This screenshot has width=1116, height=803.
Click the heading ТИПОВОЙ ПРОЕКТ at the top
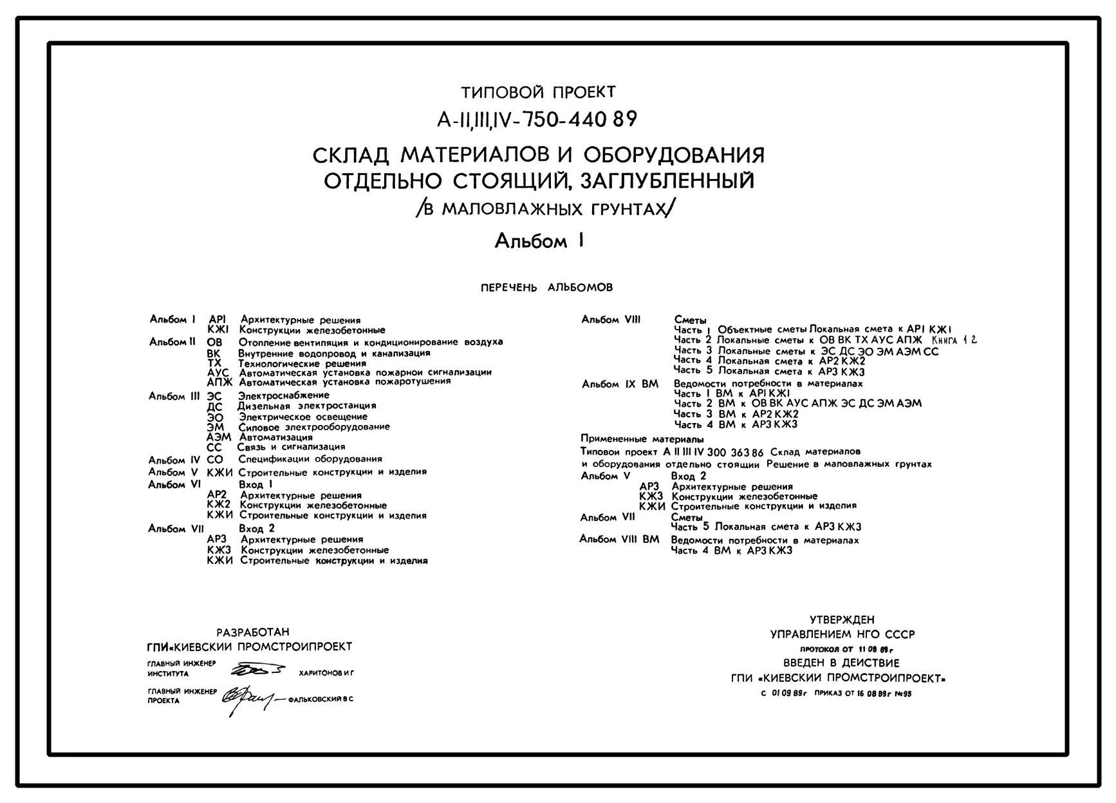(x=538, y=93)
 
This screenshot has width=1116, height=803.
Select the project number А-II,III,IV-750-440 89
(x=537, y=120)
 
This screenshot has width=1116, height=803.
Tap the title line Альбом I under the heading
(x=539, y=241)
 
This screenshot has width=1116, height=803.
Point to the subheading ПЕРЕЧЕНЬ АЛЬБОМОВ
(x=546, y=288)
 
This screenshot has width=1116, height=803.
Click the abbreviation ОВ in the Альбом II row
(x=214, y=343)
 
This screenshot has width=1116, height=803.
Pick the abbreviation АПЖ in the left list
(x=219, y=382)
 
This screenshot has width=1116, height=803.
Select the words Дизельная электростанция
(x=307, y=406)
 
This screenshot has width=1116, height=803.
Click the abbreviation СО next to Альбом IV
(x=215, y=460)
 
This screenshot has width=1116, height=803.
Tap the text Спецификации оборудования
(x=310, y=459)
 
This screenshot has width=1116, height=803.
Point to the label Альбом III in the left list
(x=174, y=396)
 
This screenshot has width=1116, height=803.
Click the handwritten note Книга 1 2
(x=954, y=339)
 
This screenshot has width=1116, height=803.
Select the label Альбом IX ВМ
(x=620, y=384)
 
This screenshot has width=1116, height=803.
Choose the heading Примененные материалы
(x=642, y=439)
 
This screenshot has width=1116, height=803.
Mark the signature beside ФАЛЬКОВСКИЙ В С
(x=248, y=699)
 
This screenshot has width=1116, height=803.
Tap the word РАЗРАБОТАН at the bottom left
(x=253, y=632)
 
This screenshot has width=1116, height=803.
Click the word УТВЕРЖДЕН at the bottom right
(x=842, y=620)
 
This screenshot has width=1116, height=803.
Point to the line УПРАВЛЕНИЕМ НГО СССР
(x=842, y=634)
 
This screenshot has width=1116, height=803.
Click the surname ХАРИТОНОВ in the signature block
(x=321, y=674)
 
